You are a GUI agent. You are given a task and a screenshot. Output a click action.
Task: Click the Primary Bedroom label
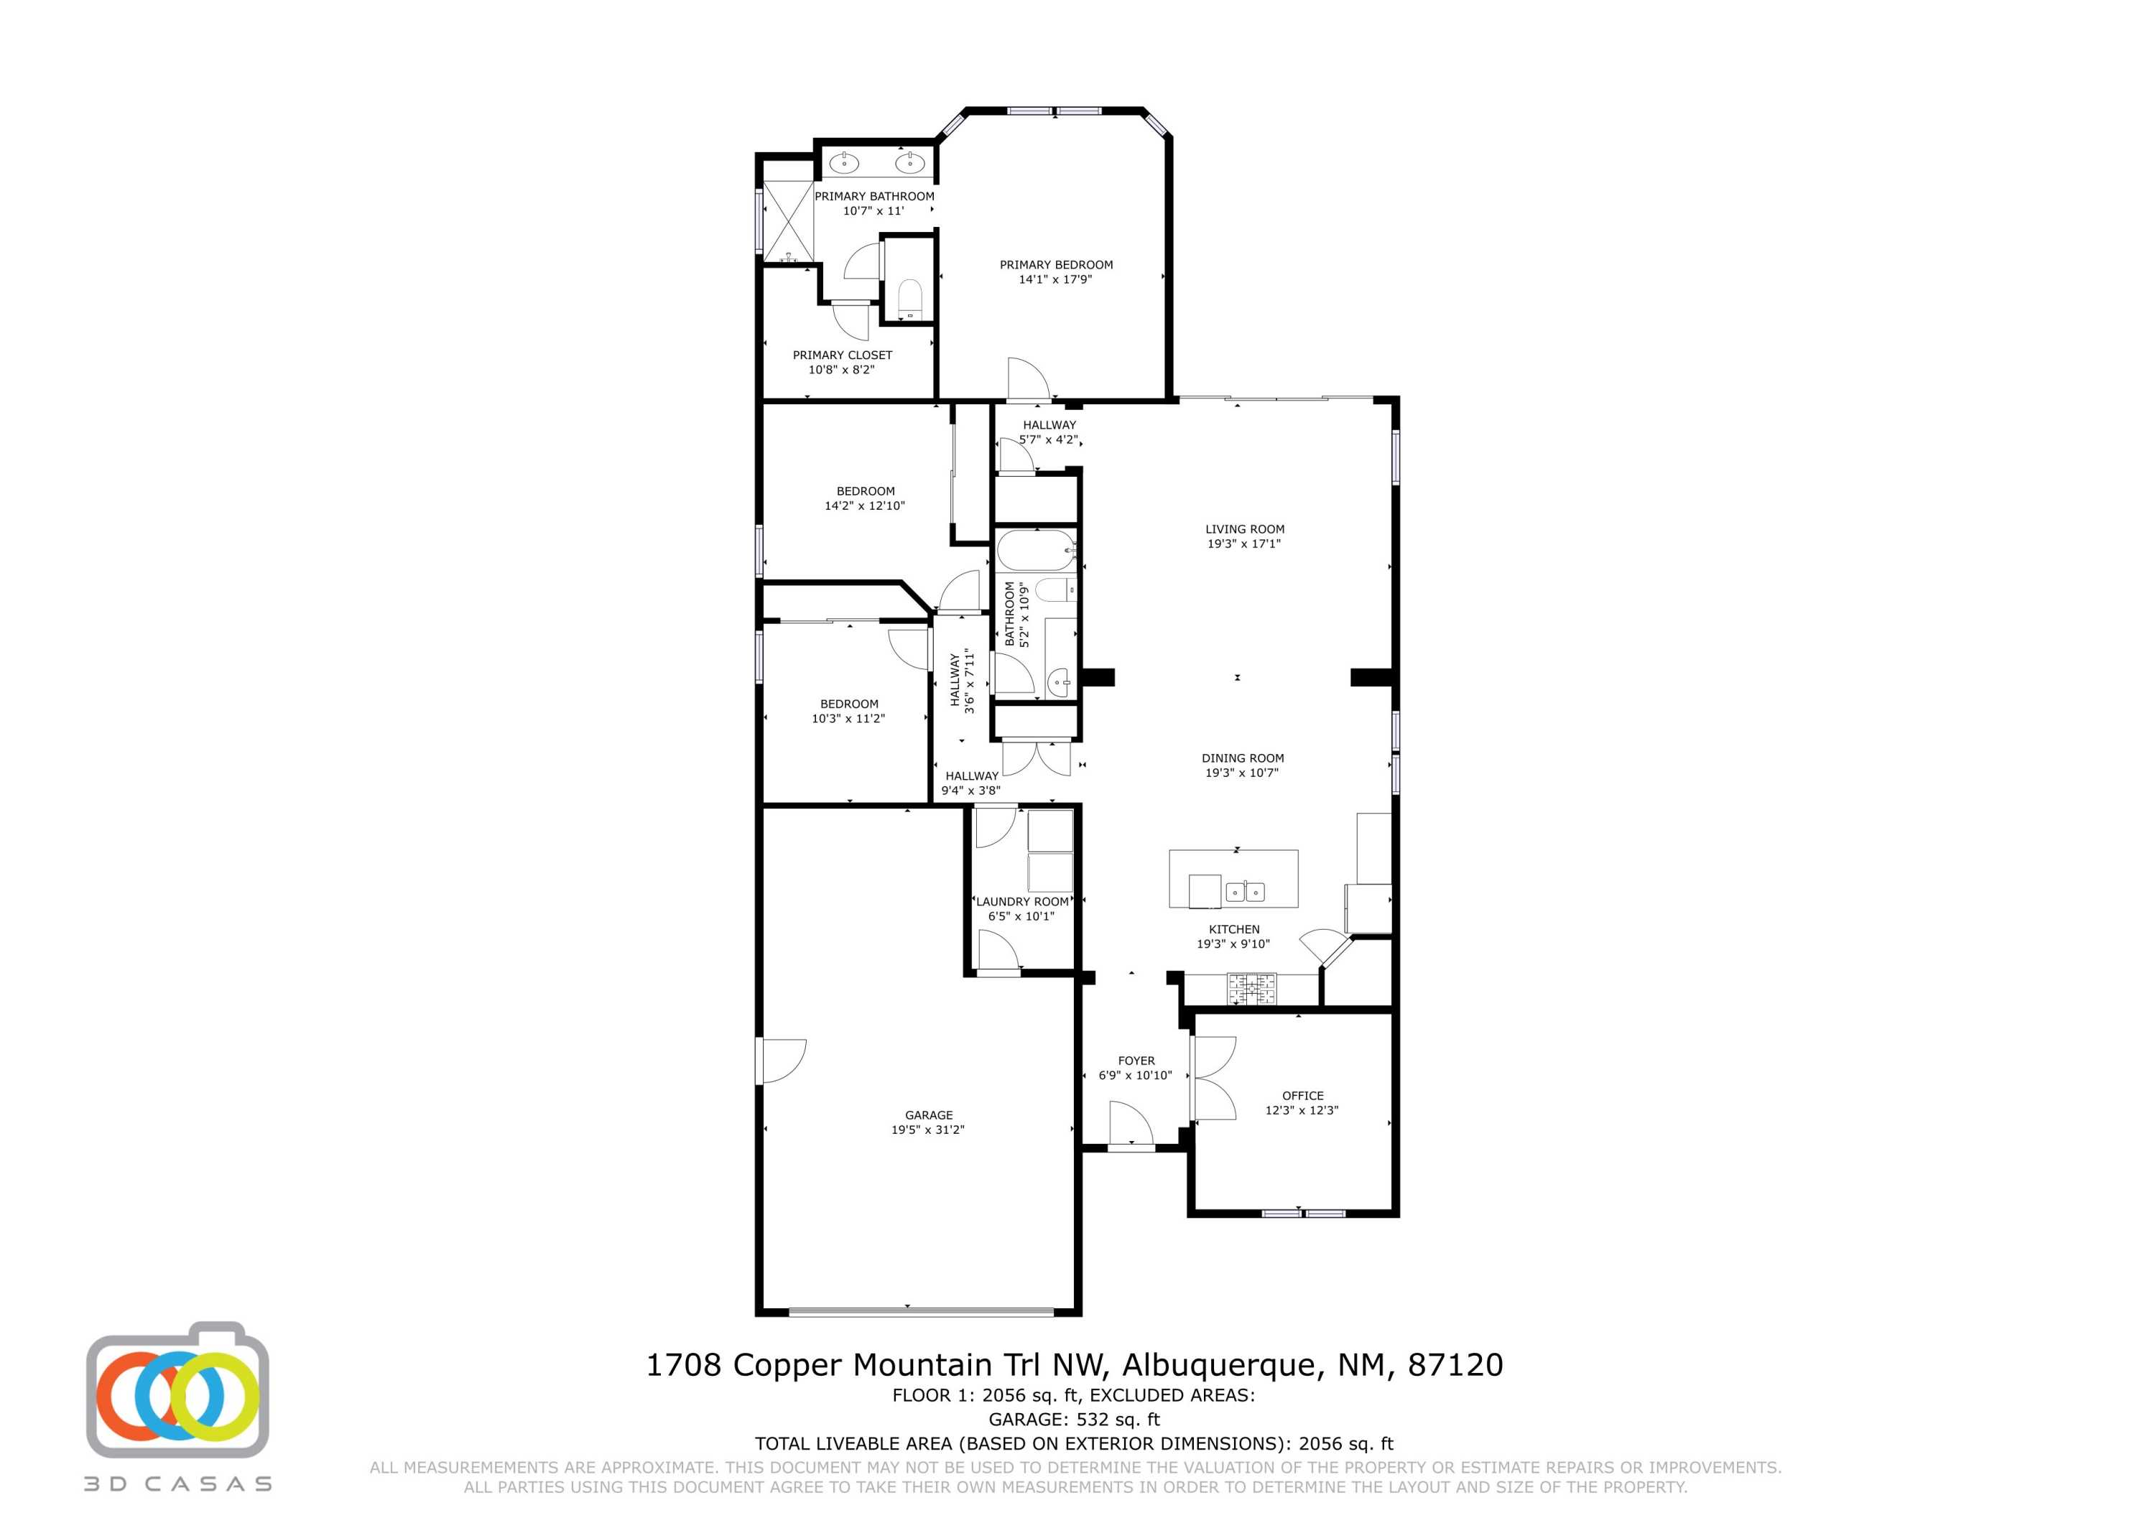tap(1056, 265)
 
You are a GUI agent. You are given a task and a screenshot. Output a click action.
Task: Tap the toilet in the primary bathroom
tap(909, 297)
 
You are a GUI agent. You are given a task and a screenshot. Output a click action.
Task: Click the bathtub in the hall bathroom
tap(1035, 551)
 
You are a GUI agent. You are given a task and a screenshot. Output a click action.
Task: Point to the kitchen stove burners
tap(1252, 989)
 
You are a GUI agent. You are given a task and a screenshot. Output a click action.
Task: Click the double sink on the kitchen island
tap(1246, 890)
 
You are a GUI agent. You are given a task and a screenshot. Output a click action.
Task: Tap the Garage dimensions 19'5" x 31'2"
tap(927, 1130)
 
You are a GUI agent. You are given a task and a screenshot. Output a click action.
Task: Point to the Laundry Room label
tap(1021, 902)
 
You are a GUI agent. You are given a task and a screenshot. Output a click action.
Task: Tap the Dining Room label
tap(1243, 758)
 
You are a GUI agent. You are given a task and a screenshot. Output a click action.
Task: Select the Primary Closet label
tap(842, 355)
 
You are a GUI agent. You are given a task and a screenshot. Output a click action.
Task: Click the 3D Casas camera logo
tap(178, 1391)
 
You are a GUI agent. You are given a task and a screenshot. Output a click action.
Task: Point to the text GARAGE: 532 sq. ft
tap(1074, 1419)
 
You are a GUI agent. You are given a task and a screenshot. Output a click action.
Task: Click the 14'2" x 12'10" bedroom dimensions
tap(864, 506)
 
